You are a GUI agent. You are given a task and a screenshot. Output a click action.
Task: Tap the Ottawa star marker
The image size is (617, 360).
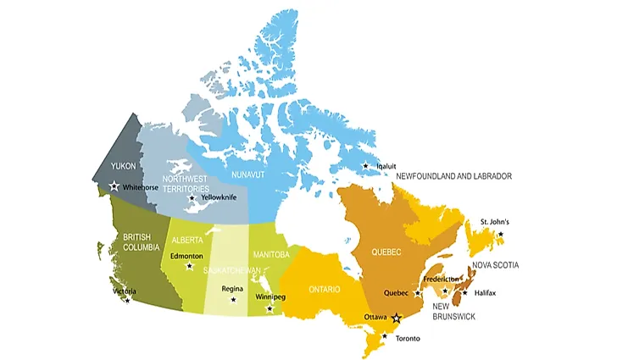coord(396,318)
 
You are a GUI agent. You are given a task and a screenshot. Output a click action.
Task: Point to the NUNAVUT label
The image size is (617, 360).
coord(247,175)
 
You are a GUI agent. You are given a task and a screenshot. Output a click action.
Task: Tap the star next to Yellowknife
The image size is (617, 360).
coord(192,198)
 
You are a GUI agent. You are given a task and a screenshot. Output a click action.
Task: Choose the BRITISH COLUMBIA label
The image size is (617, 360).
coord(141,242)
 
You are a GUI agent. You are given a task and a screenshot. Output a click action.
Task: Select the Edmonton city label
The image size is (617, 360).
coord(186,256)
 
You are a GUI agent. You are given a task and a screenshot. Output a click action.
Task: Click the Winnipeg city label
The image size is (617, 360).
coord(270,297)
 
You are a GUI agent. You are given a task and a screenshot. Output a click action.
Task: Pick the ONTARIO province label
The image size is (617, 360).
coord(324,289)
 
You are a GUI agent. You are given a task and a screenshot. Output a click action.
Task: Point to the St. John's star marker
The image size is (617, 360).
coord(500,234)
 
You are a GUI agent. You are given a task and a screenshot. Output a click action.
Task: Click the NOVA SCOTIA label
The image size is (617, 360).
coord(520,265)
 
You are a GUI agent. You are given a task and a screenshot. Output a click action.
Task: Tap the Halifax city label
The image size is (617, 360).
coord(485,293)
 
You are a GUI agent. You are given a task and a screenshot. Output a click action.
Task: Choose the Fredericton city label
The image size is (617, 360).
coord(441,279)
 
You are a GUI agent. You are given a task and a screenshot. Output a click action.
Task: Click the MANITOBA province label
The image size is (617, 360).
coord(271,254)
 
